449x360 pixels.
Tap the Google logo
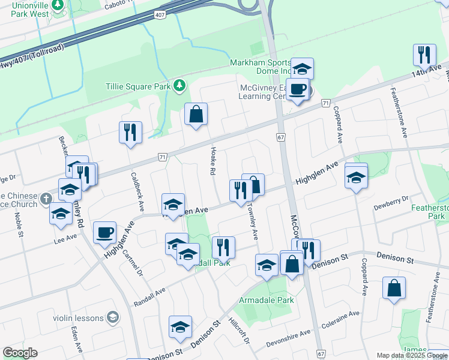point(20,353)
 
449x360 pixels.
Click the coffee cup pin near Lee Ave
point(104,231)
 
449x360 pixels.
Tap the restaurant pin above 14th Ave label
point(424,55)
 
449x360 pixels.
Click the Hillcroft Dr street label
point(239,330)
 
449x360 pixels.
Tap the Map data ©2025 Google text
point(412,355)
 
